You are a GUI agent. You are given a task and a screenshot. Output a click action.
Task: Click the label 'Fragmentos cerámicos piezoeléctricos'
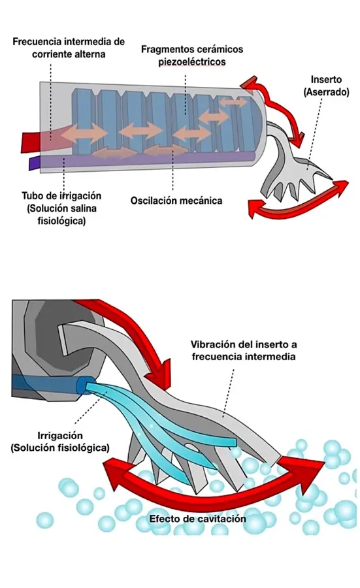[x=192, y=55]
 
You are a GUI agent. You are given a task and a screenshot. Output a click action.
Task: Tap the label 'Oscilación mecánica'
[x=176, y=201]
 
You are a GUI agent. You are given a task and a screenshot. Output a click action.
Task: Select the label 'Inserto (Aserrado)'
[x=326, y=86]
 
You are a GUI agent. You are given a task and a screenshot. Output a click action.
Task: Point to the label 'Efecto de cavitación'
[x=197, y=519]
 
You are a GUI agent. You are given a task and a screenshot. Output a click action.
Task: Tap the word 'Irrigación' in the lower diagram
[x=59, y=436]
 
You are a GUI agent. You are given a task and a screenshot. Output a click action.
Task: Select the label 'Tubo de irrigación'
[x=61, y=196]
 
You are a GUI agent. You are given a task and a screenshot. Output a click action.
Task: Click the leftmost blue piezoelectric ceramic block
[x=82, y=121]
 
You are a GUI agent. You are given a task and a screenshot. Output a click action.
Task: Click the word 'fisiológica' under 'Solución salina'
[x=61, y=221]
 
